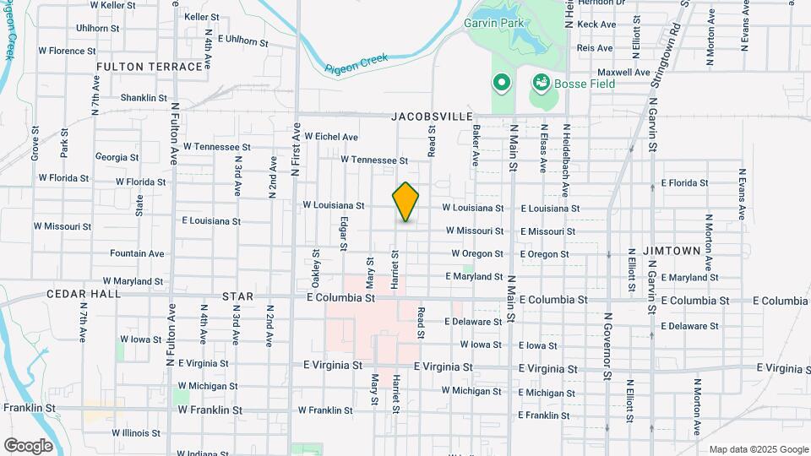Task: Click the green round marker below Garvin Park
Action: pyautogui.click(x=501, y=83)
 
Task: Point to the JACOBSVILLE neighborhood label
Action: pyautogui.click(x=431, y=116)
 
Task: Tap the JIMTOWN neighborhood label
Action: pyautogui.click(x=672, y=251)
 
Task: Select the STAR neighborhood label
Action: pyautogui.click(x=237, y=297)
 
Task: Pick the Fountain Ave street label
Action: pyautogui.click(x=137, y=253)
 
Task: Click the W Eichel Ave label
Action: pyautogui.click(x=331, y=137)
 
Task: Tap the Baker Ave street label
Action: pyautogui.click(x=476, y=145)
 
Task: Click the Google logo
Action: pyautogui.click(x=28, y=445)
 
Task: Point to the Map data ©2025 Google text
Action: pyautogui.click(x=759, y=449)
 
